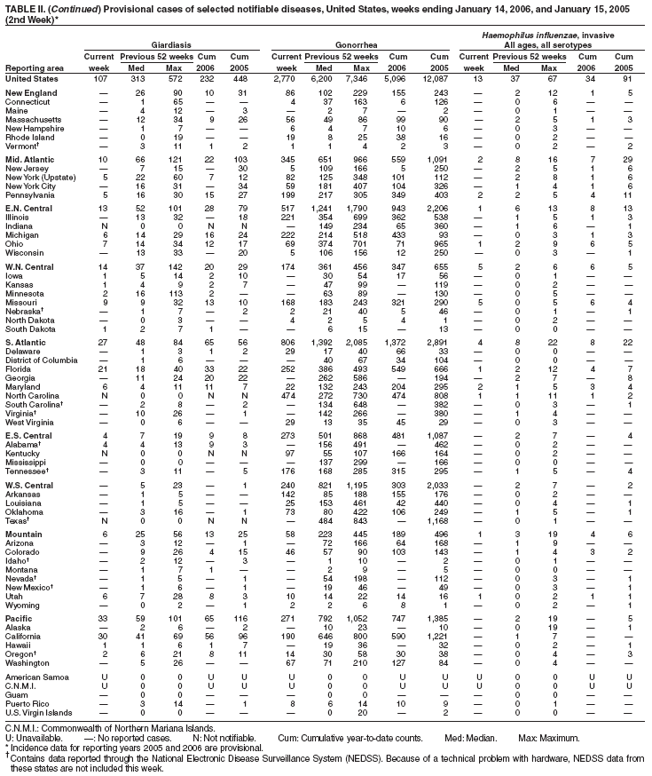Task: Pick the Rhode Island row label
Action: pyautogui.click(x=27, y=138)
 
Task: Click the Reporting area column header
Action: pyautogui.click(x=32, y=67)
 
